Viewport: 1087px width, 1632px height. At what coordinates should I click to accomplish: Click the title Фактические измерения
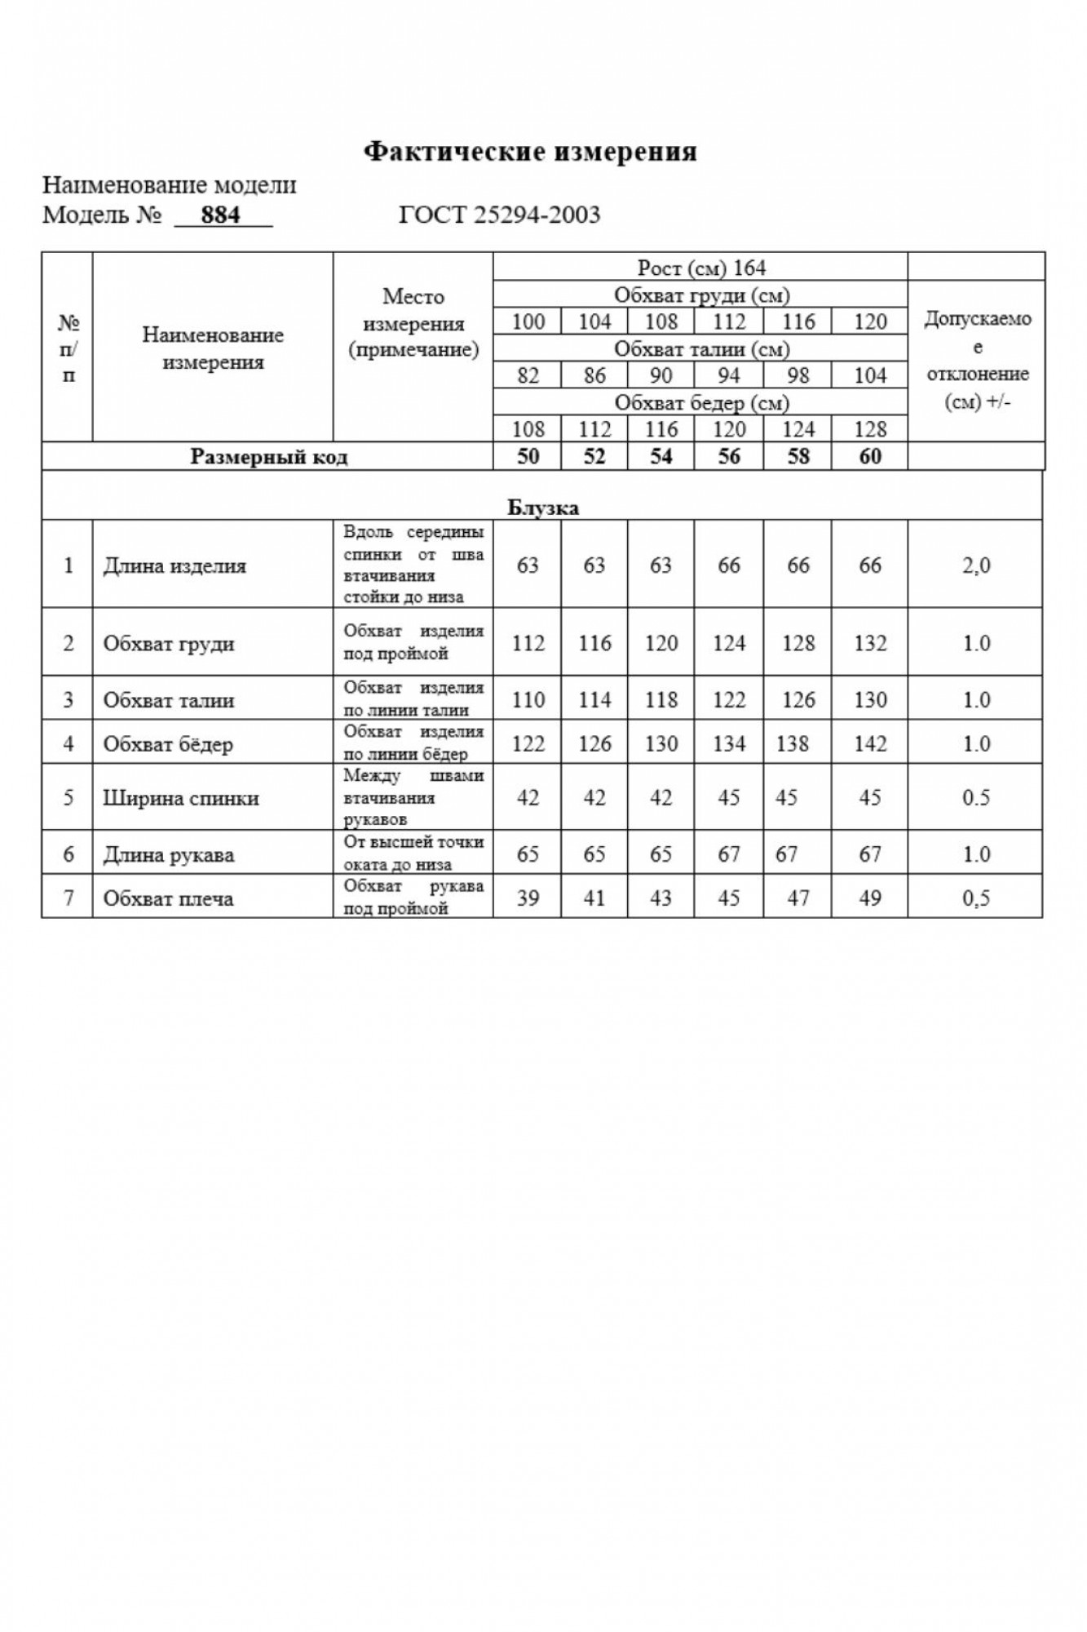coord(530,152)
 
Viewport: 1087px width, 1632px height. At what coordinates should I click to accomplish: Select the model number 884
coord(221,215)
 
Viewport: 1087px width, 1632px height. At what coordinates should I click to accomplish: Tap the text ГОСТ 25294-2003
coord(499,215)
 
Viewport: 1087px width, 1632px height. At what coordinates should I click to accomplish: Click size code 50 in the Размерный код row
coord(528,456)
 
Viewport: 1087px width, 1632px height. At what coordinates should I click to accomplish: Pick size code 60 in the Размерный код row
coord(869,456)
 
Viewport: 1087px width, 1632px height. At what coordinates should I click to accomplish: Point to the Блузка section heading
coord(543,508)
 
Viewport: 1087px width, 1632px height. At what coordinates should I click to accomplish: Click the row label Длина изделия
coord(175,565)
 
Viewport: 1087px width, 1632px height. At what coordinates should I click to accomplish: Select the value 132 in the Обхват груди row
coord(869,643)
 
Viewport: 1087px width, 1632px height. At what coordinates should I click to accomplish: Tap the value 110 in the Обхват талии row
coord(528,700)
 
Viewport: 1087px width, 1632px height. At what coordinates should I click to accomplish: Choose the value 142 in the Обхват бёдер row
coord(869,744)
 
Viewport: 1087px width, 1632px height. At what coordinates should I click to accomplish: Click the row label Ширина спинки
coord(181,798)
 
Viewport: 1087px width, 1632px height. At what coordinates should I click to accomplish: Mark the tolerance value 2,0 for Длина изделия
coord(976,565)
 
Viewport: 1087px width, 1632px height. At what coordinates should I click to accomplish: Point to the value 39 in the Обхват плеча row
coord(528,898)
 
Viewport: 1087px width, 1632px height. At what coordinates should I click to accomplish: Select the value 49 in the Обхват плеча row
coord(869,898)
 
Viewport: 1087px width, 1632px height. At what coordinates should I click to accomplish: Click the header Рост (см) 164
coord(701,268)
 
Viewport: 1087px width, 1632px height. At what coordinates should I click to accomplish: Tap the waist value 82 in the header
coord(528,375)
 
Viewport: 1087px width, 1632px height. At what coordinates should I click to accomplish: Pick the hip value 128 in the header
coord(869,429)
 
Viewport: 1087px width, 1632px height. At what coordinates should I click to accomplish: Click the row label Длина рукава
coord(169,855)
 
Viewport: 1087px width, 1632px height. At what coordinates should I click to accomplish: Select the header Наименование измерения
coord(213,348)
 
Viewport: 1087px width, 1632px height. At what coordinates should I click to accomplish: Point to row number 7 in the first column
coord(68,898)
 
